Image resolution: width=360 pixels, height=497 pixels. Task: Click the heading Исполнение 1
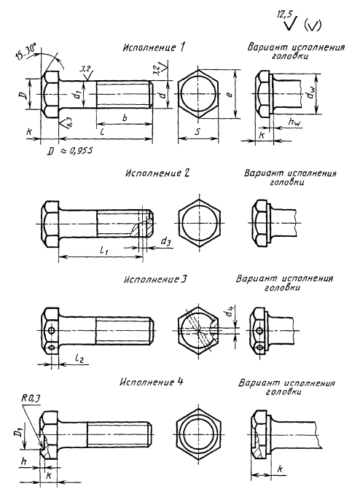click(154, 48)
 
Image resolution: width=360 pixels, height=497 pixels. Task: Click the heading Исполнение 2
click(157, 173)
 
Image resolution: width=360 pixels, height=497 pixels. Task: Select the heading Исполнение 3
click(156, 280)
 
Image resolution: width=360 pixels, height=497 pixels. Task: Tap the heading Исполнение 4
click(152, 382)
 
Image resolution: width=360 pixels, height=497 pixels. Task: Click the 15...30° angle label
click(26, 52)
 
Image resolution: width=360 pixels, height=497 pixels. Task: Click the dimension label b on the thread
click(125, 118)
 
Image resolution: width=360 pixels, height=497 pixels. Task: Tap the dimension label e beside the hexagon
click(230, 93)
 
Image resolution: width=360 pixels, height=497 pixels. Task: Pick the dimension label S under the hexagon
click(197, 132)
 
